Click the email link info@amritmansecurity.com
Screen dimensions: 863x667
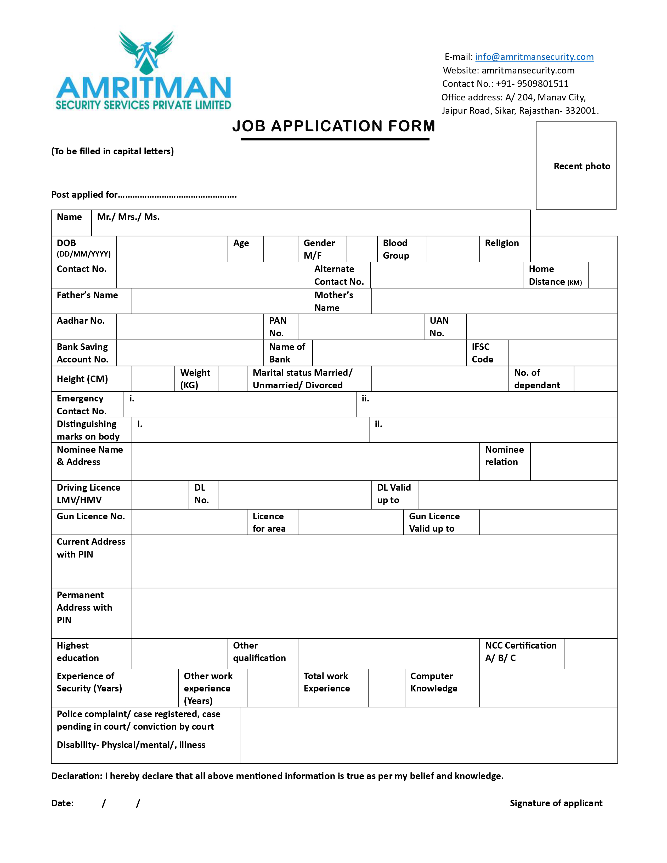coord(534,57)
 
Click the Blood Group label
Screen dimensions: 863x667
coord(395,249)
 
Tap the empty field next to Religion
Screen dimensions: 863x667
coord(573,249)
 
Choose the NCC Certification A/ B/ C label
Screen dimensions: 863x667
coord(521,652)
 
